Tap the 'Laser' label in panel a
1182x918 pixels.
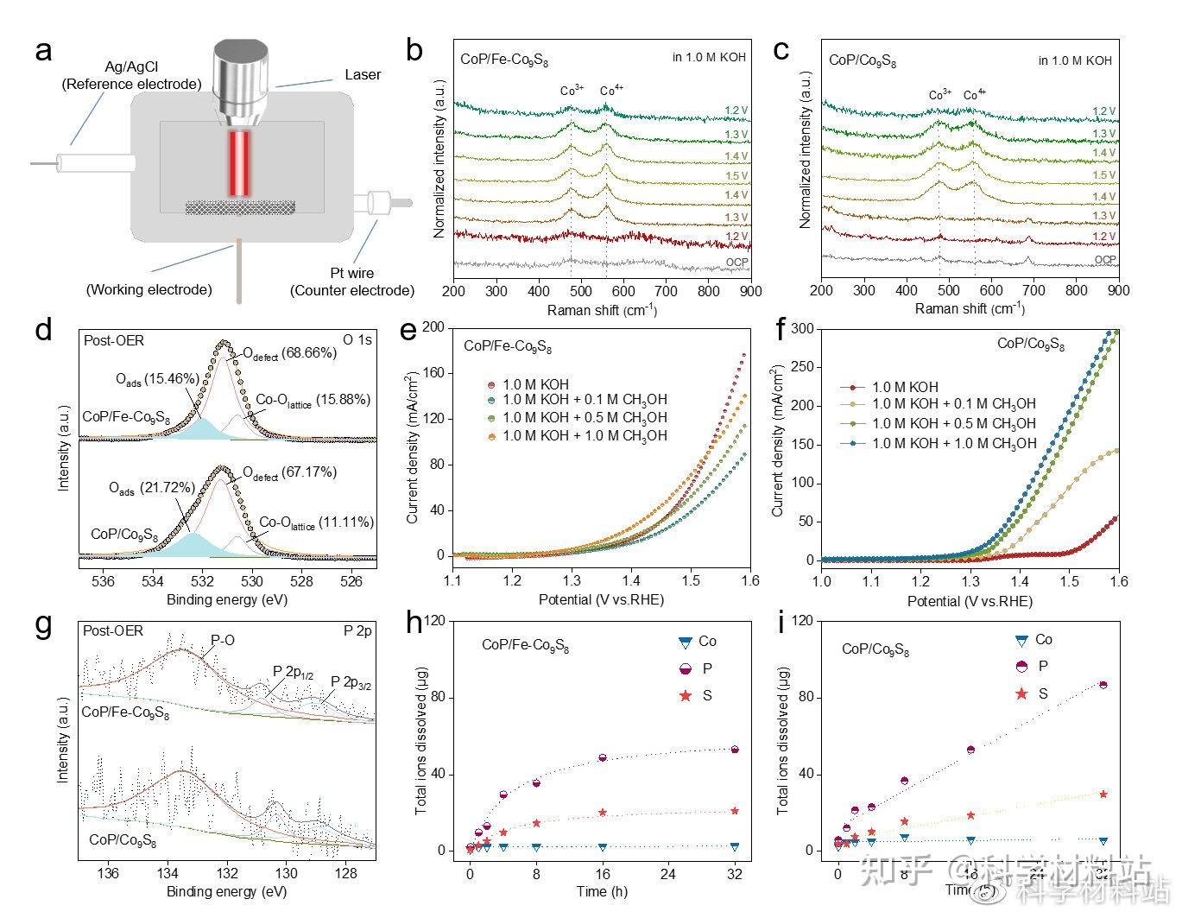coord(363,74)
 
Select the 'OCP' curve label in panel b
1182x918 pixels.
coord(736,262)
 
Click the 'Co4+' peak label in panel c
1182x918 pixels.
coord(975,95)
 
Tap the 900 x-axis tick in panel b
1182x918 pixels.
coord(750,291)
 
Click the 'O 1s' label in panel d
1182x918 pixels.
coord(357,340)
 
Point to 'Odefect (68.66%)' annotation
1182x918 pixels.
coord(288,353)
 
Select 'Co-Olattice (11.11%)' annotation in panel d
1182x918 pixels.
coord(316,522)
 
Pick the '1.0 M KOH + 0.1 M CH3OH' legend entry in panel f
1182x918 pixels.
coord(953,404)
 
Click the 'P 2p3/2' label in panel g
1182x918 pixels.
coord(351,683)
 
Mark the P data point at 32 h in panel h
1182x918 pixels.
coord(735,750)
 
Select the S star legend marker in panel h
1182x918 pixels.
coord(686,696)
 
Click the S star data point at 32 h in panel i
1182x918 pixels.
coord(1103,794)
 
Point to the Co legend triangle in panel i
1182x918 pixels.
coord(1021,640)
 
